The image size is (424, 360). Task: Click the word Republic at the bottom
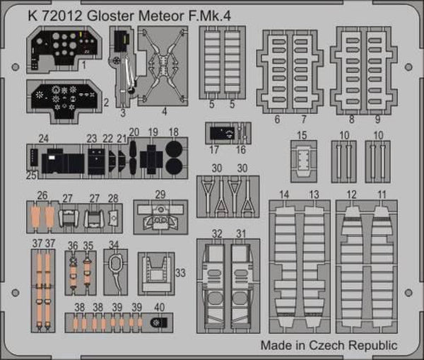point(372,346)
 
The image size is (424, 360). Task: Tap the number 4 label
point(164,111)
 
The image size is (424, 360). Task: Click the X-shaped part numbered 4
point(164,68)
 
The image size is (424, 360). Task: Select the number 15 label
point(302,135)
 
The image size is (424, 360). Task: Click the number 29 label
point(161,195)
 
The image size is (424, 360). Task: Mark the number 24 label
point(44,139)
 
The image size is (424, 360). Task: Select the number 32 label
point(217,233)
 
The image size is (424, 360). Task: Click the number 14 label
point(284,194)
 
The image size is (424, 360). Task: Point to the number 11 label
point(382,194)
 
